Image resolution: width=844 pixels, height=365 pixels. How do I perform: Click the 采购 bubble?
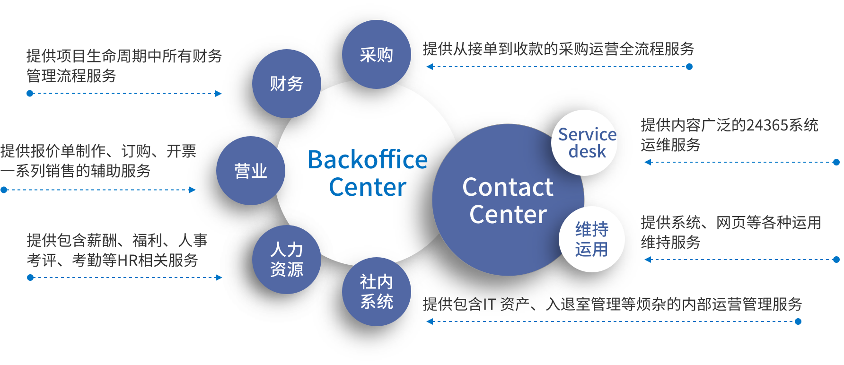(376, 54)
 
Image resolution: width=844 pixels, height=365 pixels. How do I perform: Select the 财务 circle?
(286, 84)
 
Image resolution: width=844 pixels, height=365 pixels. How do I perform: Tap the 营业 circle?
(251, 171)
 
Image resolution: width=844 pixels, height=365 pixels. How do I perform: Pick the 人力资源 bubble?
(286, 260)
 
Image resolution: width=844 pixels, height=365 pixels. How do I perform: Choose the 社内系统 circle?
(376, 292)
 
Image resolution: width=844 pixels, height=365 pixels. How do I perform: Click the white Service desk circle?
(585, 143)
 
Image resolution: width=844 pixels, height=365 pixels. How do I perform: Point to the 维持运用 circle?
(591, 239)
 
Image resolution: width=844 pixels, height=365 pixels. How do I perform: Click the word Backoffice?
(367, 160)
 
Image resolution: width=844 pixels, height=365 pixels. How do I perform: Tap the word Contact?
(507, 187)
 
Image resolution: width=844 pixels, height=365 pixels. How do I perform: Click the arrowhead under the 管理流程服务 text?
(219, 94)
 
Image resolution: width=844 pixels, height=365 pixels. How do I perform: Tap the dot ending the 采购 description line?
(689, 67)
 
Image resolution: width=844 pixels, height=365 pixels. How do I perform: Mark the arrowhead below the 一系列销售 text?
(193, 190)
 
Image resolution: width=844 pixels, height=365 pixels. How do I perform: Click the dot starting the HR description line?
(30, 278)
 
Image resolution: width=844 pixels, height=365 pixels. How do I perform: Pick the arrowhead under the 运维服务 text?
(648, 162)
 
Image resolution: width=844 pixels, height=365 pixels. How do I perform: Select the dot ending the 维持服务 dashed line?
(836, 260)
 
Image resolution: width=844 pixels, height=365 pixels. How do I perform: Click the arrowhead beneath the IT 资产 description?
(430, 322)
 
